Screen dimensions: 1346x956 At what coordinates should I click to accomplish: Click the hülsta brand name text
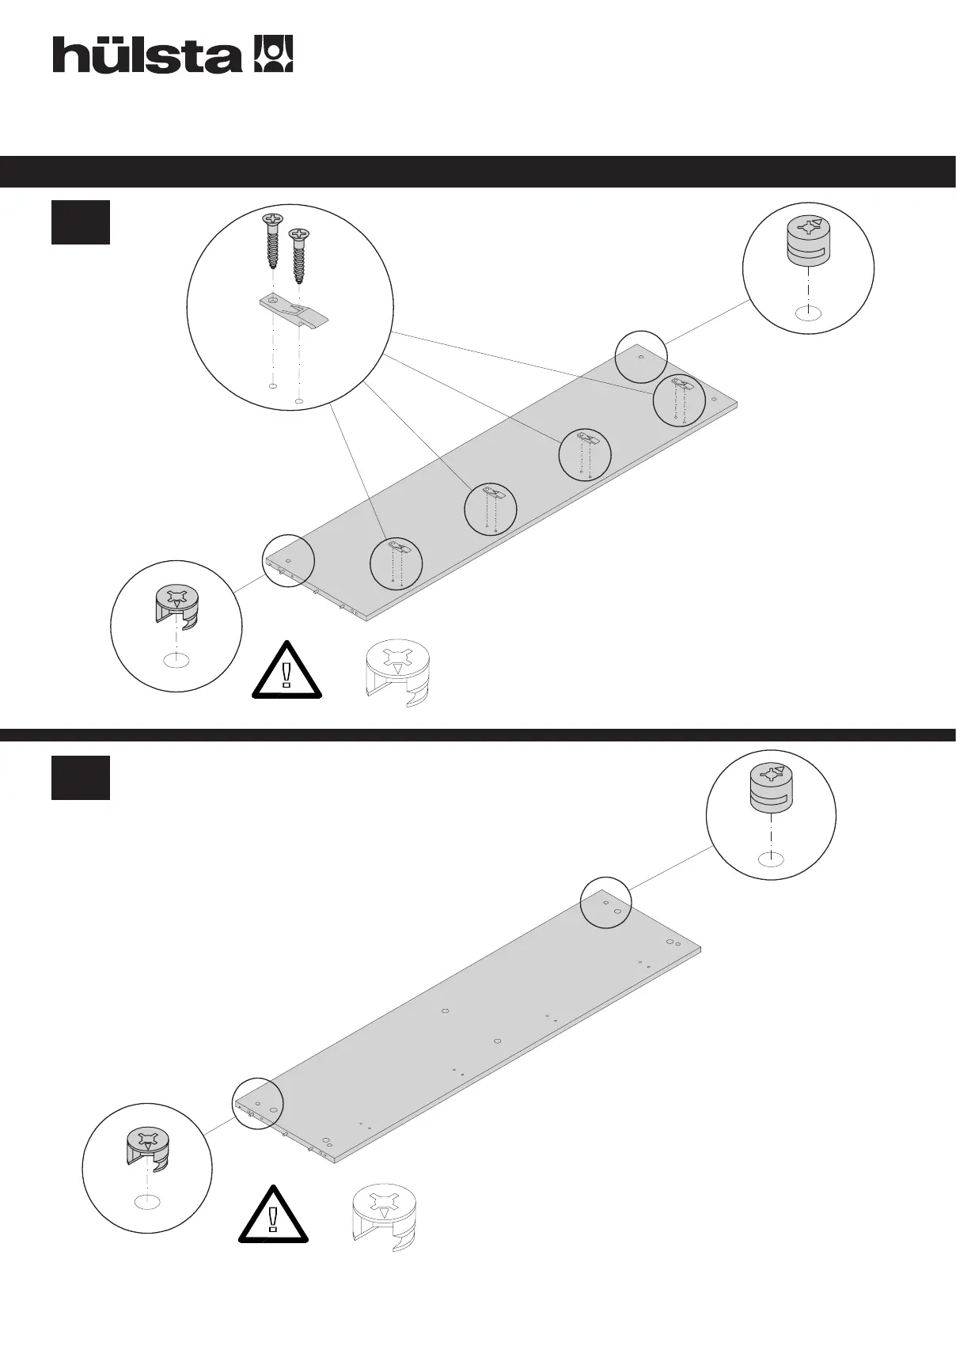pyautogui.click(x=147, y=55)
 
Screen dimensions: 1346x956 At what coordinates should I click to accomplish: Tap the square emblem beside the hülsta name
pyautogui.click(x=272, y=54)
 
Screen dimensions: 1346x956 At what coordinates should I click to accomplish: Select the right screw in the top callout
pyautogui.click(x=298, y=255)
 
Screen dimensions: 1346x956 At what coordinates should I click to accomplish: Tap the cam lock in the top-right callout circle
pyautogui.click(x=807, y=241)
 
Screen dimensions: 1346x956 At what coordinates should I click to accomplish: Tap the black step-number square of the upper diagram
pyautogui.click(x=81, y=222)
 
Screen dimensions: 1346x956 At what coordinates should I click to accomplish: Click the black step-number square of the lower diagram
pyautogui.click(x=81, y=778)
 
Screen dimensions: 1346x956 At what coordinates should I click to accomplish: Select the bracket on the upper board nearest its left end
pyautogui.click(x=397, y=548)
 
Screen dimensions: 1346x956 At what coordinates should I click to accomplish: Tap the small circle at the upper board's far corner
pyautogui.click(x=640, y=358)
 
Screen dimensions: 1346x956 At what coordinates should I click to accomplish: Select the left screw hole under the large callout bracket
pyautogui.click(x=272, y=387)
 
